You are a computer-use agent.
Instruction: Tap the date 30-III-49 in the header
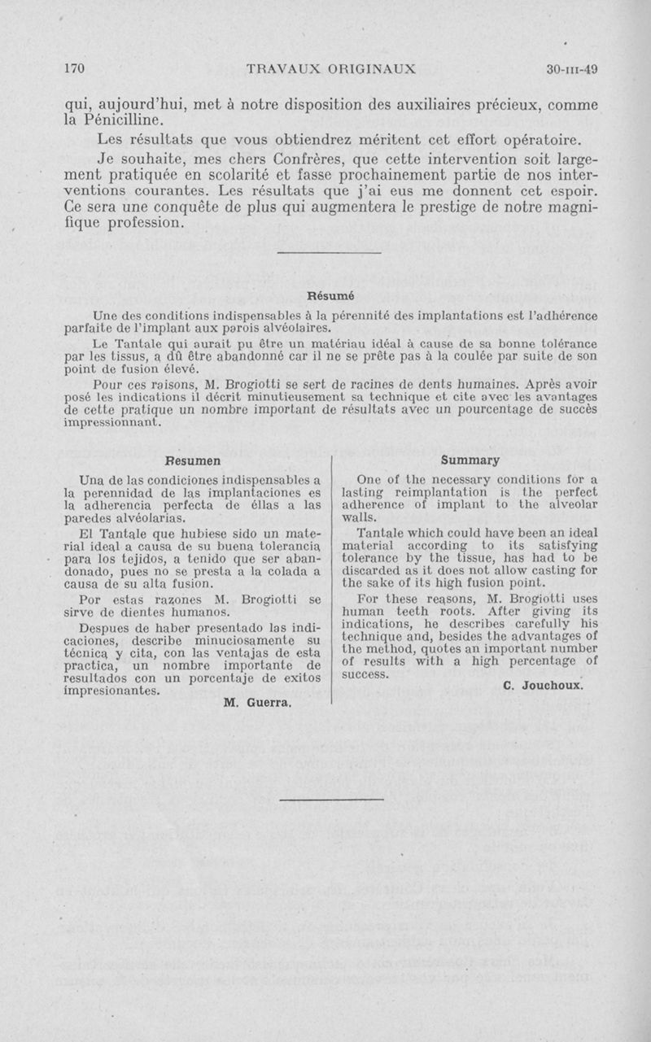pos(572,70)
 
